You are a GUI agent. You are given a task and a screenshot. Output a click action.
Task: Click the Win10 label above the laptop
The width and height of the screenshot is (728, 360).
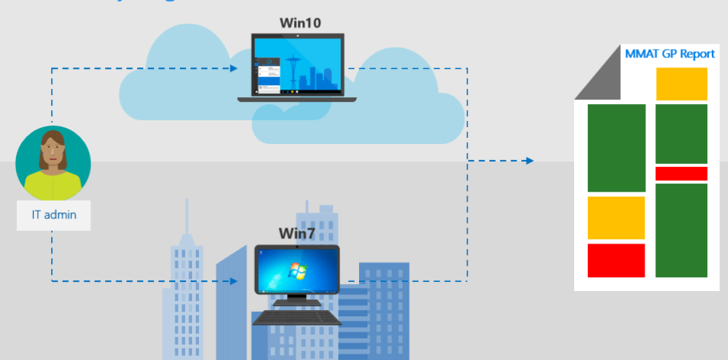click(x=300, y=23)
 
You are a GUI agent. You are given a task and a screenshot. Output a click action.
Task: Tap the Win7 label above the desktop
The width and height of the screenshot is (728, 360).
click(x=297, y=233)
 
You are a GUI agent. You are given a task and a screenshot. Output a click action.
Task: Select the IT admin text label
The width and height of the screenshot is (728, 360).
click(x=54, y=214)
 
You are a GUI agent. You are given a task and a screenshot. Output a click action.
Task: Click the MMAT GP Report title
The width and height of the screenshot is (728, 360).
click(x=670, y=54)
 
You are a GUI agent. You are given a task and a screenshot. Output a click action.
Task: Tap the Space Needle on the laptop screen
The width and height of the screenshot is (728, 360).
click(x=295, y=66)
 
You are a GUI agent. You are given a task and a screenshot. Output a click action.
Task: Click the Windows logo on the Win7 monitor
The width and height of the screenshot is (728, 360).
click(x=294, y=270)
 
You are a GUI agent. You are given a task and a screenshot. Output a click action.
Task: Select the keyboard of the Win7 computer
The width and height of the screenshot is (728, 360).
click(x=296, y=316)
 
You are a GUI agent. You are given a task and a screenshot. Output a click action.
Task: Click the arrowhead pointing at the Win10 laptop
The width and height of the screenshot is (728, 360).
click(x=233, y=68)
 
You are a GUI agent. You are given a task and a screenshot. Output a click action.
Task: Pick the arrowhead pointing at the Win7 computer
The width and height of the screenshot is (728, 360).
click(x=233, y=281)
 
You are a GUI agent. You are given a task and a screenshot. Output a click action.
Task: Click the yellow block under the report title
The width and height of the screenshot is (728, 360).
click(x=681, y=84)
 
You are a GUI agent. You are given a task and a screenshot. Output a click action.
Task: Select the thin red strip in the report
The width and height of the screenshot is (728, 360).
click(x=681, y=174)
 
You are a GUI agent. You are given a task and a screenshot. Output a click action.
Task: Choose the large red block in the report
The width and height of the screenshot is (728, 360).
click(x=616, y=260)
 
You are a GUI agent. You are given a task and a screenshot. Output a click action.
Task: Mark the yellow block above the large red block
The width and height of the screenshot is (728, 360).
click(x=616, y=218)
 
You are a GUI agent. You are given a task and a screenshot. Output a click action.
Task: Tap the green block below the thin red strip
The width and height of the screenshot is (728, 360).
click(x=681, y=230)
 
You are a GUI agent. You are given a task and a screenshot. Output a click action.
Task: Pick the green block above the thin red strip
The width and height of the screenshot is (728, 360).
click(x=681, y=134)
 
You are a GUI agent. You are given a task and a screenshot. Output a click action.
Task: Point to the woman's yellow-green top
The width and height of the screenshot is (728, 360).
click(x=52, y=185)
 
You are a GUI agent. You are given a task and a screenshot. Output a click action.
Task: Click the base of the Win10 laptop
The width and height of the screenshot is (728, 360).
click(x=296, y=99)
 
